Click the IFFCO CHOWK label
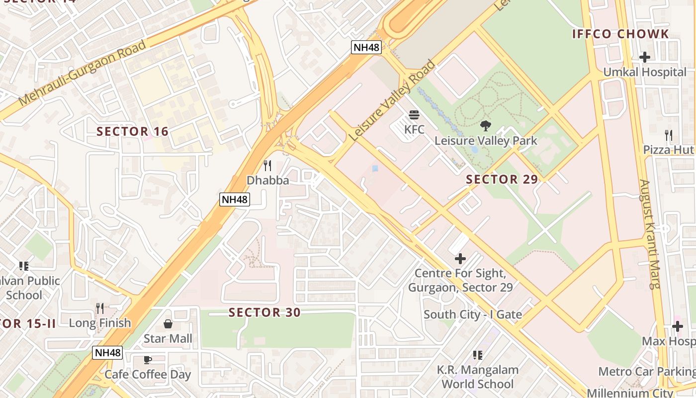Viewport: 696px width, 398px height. (x=620, y=34)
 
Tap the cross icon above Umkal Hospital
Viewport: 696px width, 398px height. (x=645, y=57)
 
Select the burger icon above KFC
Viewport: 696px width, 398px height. (x=414, y=115)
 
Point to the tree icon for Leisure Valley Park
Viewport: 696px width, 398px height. (x=486, y=126)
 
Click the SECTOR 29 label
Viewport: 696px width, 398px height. (x=502, y=180)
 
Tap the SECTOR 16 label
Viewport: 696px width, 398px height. (x=132, y=132)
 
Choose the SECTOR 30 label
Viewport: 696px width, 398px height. (x=264, y=312)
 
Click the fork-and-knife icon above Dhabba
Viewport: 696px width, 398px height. (x=267, y=166)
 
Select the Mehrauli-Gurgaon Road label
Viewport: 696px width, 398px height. (x=82, y=73)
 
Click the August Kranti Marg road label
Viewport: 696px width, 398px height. (x=649, y=234)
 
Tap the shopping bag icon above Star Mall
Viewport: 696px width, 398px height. (x=168, y=324)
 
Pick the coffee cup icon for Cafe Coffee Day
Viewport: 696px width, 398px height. (x=147, y=360)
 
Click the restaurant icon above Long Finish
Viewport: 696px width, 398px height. (x=100, y=308)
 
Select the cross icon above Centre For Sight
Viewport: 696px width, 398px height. (x=460, y=259)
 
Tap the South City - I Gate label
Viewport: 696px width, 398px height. (x=472, y=314)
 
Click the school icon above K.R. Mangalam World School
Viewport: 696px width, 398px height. (x=478, y=355)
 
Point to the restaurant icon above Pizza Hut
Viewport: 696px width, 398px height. (x=669, y=135)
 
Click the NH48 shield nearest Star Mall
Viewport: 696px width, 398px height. (x=107, y=353)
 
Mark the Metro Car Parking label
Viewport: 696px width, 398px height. (x=646, y=372)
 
